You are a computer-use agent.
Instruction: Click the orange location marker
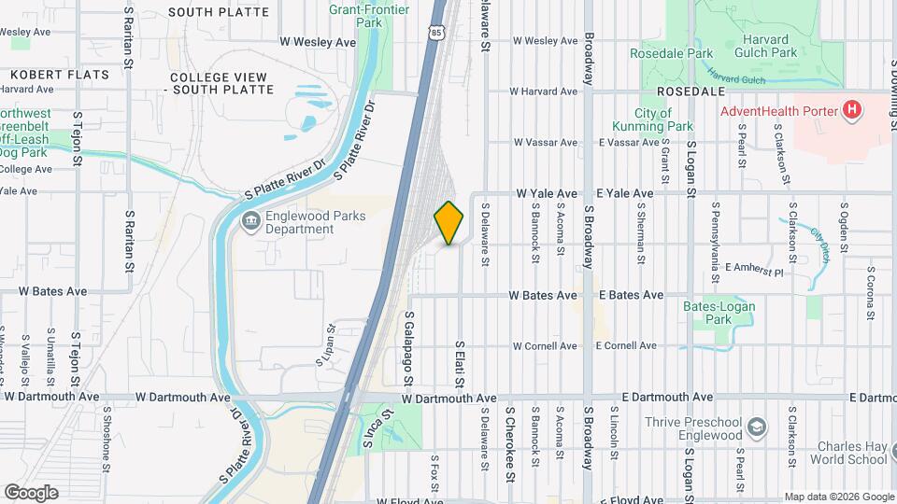click(448, 223)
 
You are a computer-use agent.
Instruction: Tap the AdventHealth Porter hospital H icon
click(851, 110)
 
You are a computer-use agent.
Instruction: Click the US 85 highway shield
click(436, 33)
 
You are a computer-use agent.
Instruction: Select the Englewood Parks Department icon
click(251, 221)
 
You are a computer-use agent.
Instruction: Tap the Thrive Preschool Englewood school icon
click(757, 428)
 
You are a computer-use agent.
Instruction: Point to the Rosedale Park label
click(671, 54)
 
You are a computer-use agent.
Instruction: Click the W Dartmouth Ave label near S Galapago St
click(447, 399)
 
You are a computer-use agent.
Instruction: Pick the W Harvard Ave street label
click(544, 91)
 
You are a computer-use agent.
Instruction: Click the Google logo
click(31, 492)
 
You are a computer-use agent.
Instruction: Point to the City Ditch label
click(821, 245)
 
